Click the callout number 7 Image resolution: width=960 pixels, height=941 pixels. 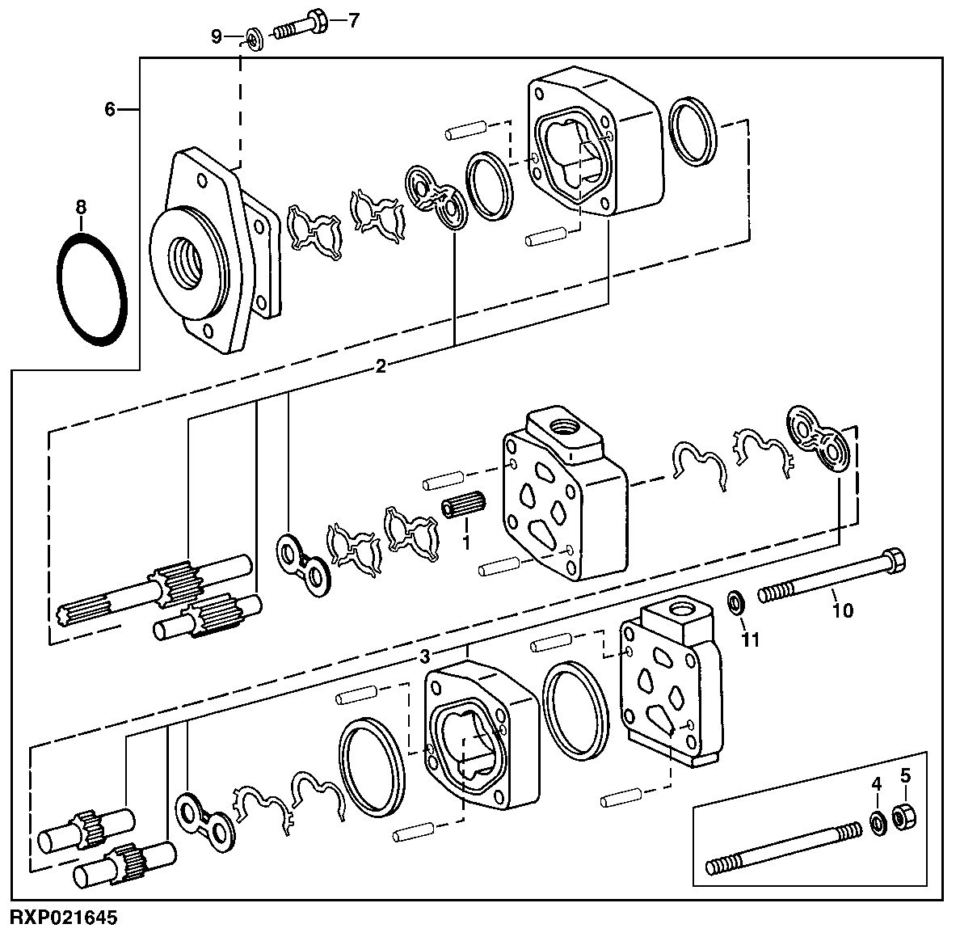[352, 20]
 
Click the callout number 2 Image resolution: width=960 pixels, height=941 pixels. [380, 366]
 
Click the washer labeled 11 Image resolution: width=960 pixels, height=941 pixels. [736, 602]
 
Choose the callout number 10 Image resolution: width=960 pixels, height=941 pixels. [842, 611]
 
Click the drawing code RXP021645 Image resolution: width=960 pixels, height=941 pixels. [64, 918]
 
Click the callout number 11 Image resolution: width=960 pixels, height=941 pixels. [752, 640]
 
